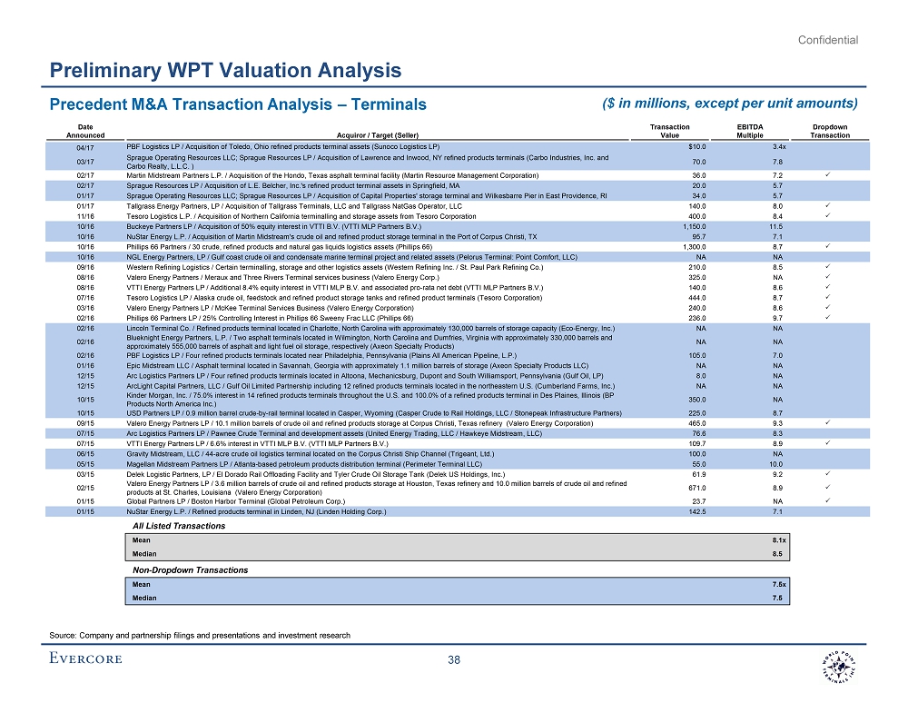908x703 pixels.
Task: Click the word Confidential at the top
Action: pyautogui.click(x=828, y=39)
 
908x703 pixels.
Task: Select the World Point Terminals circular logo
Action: pyautogui.click(x=834, y=660)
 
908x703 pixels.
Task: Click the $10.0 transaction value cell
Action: pyautogui.click(x=698, y=146)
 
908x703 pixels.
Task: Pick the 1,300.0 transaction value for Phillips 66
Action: pyautogui.click(x=695, y=246)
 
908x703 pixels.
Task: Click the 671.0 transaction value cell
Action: pyautogui.click(x=698, y=487)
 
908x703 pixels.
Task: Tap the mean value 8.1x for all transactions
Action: pyautogui.click(x=778, y=540)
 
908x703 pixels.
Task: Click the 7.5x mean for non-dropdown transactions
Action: pyautogui.click(x=778, y=585)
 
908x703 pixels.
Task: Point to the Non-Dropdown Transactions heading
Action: pyautogui.click(x=190, y=569)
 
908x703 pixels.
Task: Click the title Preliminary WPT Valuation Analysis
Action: pyautogui.click(x=226, y=70)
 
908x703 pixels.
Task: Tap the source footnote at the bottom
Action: pyautogui.click(x=200, y=635)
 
